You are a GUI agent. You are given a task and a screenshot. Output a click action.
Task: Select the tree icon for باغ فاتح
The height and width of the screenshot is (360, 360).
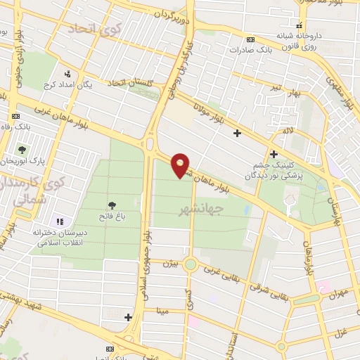(112, 206)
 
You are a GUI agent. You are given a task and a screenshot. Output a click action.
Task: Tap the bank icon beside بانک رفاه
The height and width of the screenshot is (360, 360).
(15, 115)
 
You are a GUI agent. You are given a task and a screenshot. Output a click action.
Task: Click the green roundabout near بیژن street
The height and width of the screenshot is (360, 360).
(191, 265)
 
